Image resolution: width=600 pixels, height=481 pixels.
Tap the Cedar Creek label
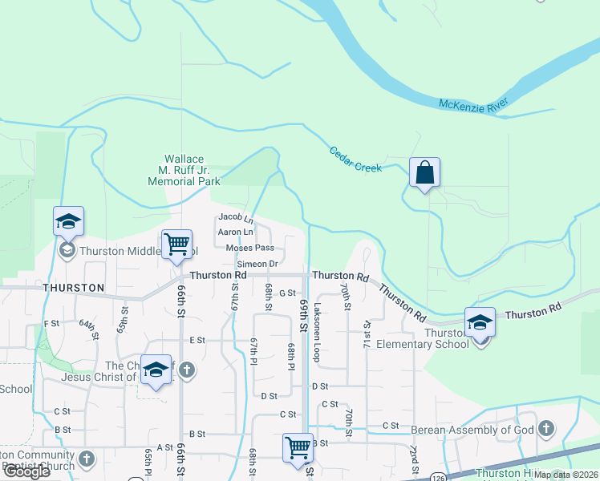[x=356, y=159]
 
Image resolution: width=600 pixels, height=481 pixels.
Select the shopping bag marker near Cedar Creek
[x=424, y=173]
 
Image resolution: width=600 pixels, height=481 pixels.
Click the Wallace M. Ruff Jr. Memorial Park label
[x=184, y=171]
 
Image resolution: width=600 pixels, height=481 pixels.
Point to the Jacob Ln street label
[x=236, y=217]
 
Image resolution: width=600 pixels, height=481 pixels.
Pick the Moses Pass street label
[x=249, y=248]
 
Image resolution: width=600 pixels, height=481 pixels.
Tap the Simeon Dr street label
[x=257, y=264]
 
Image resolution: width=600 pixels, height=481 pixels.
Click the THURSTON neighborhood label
[x=74, y=287]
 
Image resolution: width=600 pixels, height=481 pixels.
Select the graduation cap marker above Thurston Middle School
[x=69, y=221]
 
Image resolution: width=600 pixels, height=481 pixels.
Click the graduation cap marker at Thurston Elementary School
[x=480, y=322]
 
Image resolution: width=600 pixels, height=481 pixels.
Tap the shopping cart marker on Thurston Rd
[x=176, y=244]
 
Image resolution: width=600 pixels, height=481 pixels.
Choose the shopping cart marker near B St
[x=298, y=447]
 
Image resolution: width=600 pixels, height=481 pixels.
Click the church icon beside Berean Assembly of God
[x=547, y=429]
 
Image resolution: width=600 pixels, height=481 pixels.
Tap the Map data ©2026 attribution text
[x=565, y=475]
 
